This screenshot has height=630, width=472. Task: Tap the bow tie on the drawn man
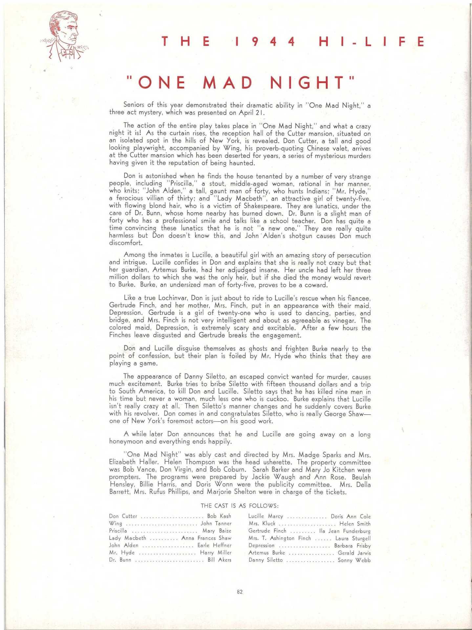coord(67,52)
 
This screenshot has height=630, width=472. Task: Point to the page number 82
coord(240,592)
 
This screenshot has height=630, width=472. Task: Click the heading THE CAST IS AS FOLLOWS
coord(240,505)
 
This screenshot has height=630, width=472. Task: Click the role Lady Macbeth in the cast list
coord(127,538)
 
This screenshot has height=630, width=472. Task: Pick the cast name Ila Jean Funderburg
coord(345,531)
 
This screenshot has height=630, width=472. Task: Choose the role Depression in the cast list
coord(261,545)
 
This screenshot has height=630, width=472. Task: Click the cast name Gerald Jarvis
coord(354,553)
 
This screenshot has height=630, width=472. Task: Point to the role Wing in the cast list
coord(116,523)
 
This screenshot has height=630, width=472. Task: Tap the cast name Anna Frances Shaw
coord(206,538)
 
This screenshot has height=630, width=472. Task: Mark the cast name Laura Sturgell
coord(353,538)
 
